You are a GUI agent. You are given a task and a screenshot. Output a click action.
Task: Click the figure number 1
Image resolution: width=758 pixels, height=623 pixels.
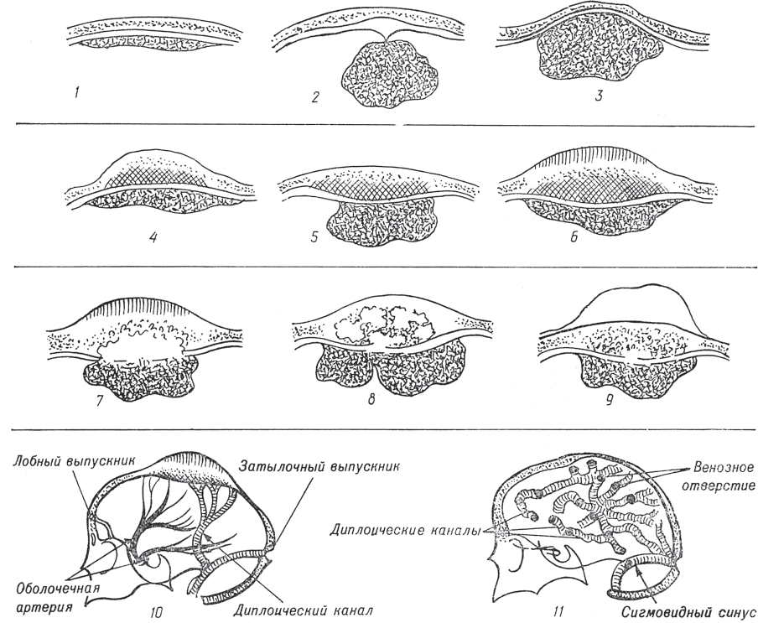coord(77,93)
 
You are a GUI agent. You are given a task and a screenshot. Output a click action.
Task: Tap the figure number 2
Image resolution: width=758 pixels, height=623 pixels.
coord(315,97)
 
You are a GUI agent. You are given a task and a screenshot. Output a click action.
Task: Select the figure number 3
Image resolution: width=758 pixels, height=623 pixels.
coord(599,96)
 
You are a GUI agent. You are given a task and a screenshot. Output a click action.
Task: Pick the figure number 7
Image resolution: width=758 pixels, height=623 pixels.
coord(99,401)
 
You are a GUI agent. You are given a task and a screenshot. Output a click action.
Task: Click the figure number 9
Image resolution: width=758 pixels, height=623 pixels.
coord(609,401)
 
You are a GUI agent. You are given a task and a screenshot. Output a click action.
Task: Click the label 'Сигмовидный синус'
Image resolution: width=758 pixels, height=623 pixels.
coord(688,613)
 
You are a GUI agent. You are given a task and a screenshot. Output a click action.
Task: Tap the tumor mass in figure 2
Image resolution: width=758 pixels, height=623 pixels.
coord(390,74)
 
